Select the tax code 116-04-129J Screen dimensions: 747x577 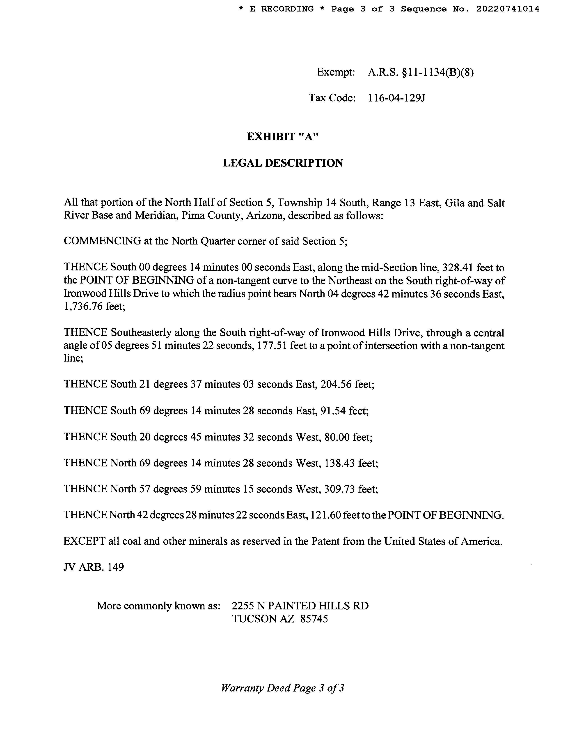click(x=396, y=98)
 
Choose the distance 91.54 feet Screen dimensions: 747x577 click(x=344, y=411)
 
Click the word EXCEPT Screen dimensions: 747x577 click(x=84, y=542)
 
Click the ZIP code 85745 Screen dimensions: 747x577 click(x=314, y=619)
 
